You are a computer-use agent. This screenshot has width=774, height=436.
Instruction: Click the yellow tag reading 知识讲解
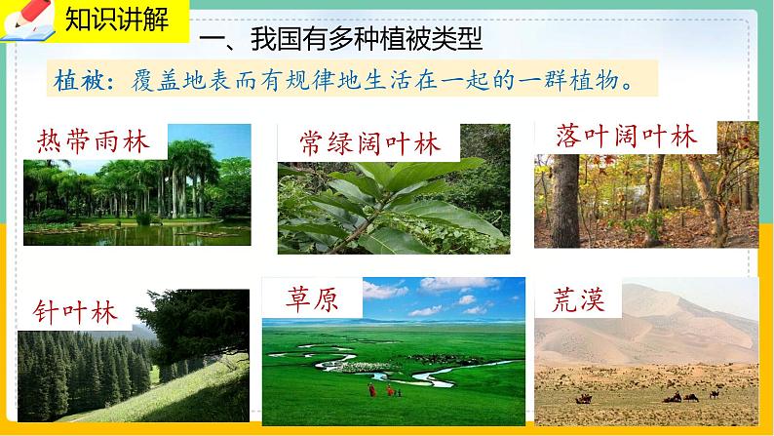(x=117, y=20)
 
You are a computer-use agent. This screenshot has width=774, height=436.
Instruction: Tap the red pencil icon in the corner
(x=30, y=14)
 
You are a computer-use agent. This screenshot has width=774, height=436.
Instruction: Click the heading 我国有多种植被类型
(x=367, y=38)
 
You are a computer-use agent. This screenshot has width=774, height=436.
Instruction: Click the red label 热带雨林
(x=93, y=141)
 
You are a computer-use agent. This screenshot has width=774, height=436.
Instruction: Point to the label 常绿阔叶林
(x=368, y=143)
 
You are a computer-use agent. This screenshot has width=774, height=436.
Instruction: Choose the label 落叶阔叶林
(x=626, y=136)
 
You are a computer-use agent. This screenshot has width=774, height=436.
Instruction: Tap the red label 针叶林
(x=75, y=312)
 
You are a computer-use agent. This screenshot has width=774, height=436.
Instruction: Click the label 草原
(x=312, y=298)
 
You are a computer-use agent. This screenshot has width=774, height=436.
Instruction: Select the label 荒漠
(x=578, y=298)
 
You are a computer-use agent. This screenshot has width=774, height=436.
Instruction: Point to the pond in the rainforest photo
(x=137, y=233)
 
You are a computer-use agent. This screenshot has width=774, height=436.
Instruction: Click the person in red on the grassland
(x=371, y=390)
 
